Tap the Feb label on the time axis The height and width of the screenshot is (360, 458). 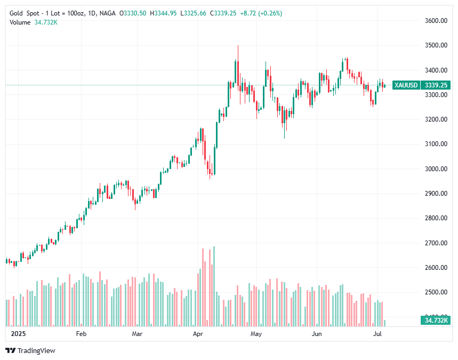[x=81, y=334]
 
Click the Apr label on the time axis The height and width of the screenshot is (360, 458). [x=198, y=334]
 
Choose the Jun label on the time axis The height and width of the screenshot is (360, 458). [x=317, y=334]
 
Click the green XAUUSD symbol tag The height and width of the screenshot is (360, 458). [x=405, y=85]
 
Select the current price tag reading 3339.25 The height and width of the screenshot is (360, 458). [x=436, y=85]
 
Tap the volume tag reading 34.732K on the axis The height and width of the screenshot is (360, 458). [x=436, y=321]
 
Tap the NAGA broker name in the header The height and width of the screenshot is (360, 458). [x=108, y=13]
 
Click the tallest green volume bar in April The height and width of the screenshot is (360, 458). [x=214, y=286]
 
